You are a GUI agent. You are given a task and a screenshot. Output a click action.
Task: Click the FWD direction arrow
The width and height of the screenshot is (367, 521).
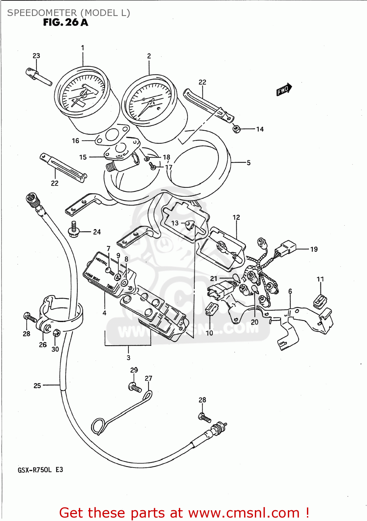point(284,90)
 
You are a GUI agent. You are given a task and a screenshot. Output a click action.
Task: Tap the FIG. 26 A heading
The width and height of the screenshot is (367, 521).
point(65,23)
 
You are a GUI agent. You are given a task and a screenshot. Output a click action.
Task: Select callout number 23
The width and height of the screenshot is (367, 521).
point(36,56)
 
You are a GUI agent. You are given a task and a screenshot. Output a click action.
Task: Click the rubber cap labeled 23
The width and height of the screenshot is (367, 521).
point(32,73)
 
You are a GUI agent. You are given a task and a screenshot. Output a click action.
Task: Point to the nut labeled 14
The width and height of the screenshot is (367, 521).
point(236,129)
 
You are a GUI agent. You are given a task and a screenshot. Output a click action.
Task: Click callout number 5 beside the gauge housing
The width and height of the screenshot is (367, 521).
point(249,163)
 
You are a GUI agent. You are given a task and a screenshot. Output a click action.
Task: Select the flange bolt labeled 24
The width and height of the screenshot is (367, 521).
point(74,230)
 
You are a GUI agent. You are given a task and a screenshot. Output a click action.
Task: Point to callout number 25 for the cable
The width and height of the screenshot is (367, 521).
point(37,386)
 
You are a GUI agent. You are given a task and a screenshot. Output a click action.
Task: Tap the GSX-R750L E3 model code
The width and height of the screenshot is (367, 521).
point(40,470)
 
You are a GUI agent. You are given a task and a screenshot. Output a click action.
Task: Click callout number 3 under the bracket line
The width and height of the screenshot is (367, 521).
point(128,357)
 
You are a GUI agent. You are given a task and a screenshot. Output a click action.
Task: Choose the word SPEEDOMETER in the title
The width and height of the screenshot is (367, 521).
point(42,13)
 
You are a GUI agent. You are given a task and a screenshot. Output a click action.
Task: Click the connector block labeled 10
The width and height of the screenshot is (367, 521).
point(211,308)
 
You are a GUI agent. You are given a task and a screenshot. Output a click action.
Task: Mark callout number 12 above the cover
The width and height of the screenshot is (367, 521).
point(236,217)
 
